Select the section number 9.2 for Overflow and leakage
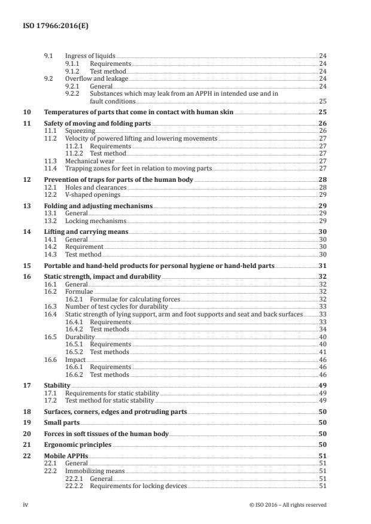(49, 78)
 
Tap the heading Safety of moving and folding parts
(98, 123)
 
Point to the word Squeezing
(80, 130)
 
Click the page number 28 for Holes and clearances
(323, 187)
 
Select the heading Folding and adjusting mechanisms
(98, 205)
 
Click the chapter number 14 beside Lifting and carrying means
(26, 231)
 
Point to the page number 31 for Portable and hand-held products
(323, 266)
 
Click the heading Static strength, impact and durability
(102, 276)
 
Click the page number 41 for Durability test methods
(323, 352)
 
